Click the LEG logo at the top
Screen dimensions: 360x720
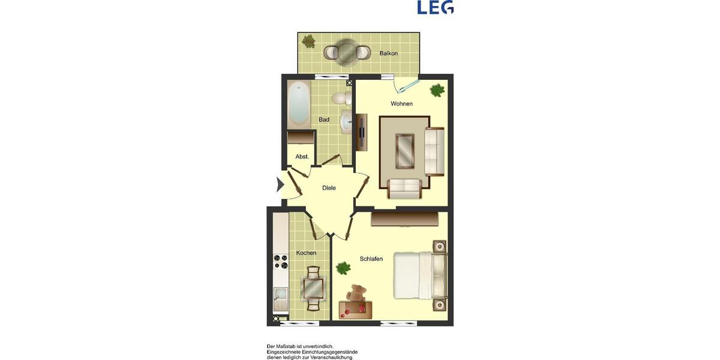[x=436, y=7]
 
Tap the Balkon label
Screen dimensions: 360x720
[x=389, y=53]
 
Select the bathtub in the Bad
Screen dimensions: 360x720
[x=299, y=104]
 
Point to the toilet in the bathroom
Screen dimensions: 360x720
[x=341, y=97]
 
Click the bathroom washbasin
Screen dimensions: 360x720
[x=347, y=121]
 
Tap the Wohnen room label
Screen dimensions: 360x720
[x=401, y=104]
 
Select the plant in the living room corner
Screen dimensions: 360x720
[x=437, y=91]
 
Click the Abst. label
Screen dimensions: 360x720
[x=302, y=157]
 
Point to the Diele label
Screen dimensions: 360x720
[x=329, y=188]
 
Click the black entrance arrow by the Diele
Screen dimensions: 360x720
[x=280, y=185]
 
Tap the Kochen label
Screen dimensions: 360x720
[x=306, y=253]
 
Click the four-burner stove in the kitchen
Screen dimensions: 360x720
[x=281, y=262]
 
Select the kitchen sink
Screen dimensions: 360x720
[x=280, y=297]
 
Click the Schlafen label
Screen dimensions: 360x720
[x=371, y=259]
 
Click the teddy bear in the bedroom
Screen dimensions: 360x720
[x=357, y=294]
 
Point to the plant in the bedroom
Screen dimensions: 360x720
[x=343, y=268]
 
